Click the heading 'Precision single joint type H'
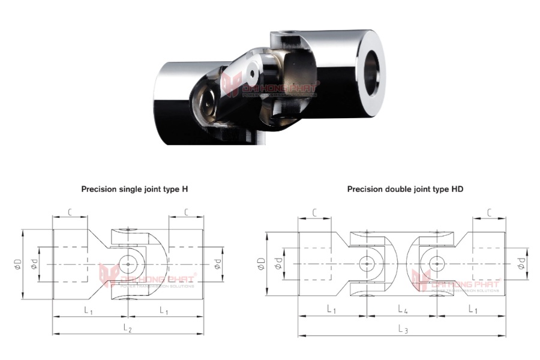[x=135, y=188]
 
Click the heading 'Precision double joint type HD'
[x=405, y=188]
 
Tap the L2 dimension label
[x=128, y=328]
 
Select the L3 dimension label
[x=403, y=329]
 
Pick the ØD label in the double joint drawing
[x=262, y=263]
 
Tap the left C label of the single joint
[x=71, y=212]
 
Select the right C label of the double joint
[x=490, y=212]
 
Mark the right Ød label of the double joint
[x=520, y=263]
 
